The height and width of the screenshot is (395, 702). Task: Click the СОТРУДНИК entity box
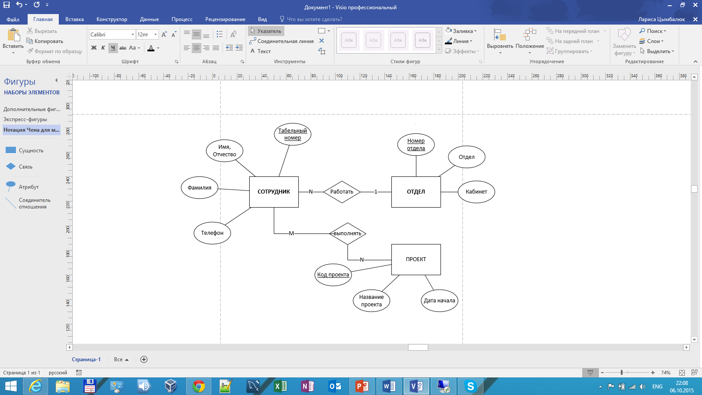pos(274,192)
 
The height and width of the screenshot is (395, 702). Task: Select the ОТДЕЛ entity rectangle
pos(416,192)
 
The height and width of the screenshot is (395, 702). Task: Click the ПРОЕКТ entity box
pos(416,259)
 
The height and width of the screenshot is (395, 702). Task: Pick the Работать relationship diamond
pos(342,192)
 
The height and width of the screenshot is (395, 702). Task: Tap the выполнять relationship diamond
pos(347,233)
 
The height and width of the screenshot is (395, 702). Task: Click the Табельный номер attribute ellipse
pos(292,134)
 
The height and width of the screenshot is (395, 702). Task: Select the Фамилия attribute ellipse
pos(199,188)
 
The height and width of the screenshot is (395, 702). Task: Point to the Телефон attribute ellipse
pos(212,233)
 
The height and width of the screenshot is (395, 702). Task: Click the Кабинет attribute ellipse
pos(476,192)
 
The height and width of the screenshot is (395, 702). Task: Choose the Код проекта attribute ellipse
pos(333,275)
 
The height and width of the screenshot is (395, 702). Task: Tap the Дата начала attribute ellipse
pos(439,301)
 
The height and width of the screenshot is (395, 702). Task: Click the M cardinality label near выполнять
pos(291,233)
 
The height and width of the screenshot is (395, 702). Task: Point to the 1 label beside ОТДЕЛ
pos(376,192)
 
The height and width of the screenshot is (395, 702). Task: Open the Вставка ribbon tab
pos(74,19)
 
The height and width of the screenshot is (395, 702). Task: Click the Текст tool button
pos(260,51)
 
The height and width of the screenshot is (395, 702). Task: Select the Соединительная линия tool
pos(281,41)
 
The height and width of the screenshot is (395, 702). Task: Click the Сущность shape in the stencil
pos(24,151)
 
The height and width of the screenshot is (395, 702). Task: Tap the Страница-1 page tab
pos(86,359)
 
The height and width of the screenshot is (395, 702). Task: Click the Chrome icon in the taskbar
pos(199,386)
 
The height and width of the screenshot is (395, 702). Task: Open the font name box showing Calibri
pos(112,35)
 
